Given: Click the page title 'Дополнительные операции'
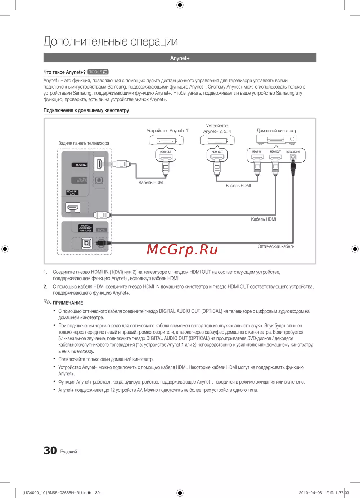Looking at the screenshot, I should tap(111, 41).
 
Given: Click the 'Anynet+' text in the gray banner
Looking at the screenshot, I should tap(180, 58).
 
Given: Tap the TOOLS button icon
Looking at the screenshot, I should tap(98, 72).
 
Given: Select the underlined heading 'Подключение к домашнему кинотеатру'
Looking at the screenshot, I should tap(86, 110).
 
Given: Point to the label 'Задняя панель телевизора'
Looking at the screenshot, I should tap(84, 143).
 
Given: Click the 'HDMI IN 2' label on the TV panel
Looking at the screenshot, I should tap(81, 165).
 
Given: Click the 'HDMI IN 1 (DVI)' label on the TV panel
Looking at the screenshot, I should tap(72, 193).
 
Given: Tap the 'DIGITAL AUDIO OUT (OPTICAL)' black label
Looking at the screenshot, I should tap(86, 228).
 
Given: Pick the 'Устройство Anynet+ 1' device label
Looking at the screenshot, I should tap(167, 131).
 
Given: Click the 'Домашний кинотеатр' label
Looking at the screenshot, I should tap(276, 131).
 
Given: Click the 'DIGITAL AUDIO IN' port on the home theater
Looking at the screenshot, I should tap(293, 157).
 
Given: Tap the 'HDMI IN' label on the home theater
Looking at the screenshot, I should tap(257, 152).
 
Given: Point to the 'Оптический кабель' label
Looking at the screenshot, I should tap(276, 246).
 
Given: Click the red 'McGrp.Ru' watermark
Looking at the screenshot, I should tap(182, 249).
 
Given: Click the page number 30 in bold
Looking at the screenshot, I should tap(50, 451).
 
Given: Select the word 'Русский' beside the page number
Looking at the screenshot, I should tap(68, 452).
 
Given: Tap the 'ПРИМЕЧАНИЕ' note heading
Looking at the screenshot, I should tap(68, 303).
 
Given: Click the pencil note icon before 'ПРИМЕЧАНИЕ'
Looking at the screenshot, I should tap(48, 302).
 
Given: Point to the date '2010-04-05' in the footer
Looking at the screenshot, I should tap(310, 493).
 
